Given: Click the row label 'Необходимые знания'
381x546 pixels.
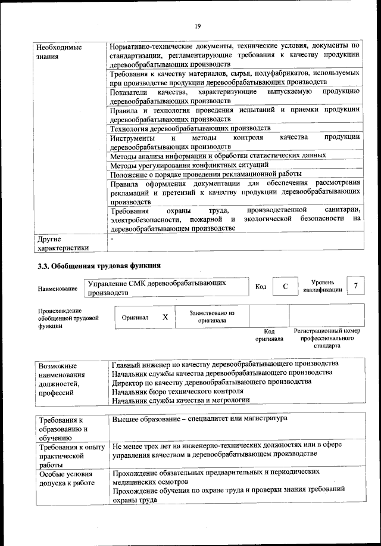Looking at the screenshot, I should point(59,52).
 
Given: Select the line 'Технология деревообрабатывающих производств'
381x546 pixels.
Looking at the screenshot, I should point(190,128).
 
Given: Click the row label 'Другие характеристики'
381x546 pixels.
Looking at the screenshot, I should point(63,243).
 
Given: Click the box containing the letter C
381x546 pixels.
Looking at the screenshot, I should point(286,287).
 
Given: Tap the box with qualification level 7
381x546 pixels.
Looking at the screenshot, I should point(355,286).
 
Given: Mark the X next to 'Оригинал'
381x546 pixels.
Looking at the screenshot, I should point(165,318).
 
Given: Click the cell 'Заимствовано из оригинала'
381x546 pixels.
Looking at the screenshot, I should point(212,317).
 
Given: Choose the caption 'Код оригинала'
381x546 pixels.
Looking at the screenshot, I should point(269,335).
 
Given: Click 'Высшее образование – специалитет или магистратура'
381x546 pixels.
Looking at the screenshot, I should point(199,419).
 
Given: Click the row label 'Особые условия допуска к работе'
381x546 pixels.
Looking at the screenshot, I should point(67,479).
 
